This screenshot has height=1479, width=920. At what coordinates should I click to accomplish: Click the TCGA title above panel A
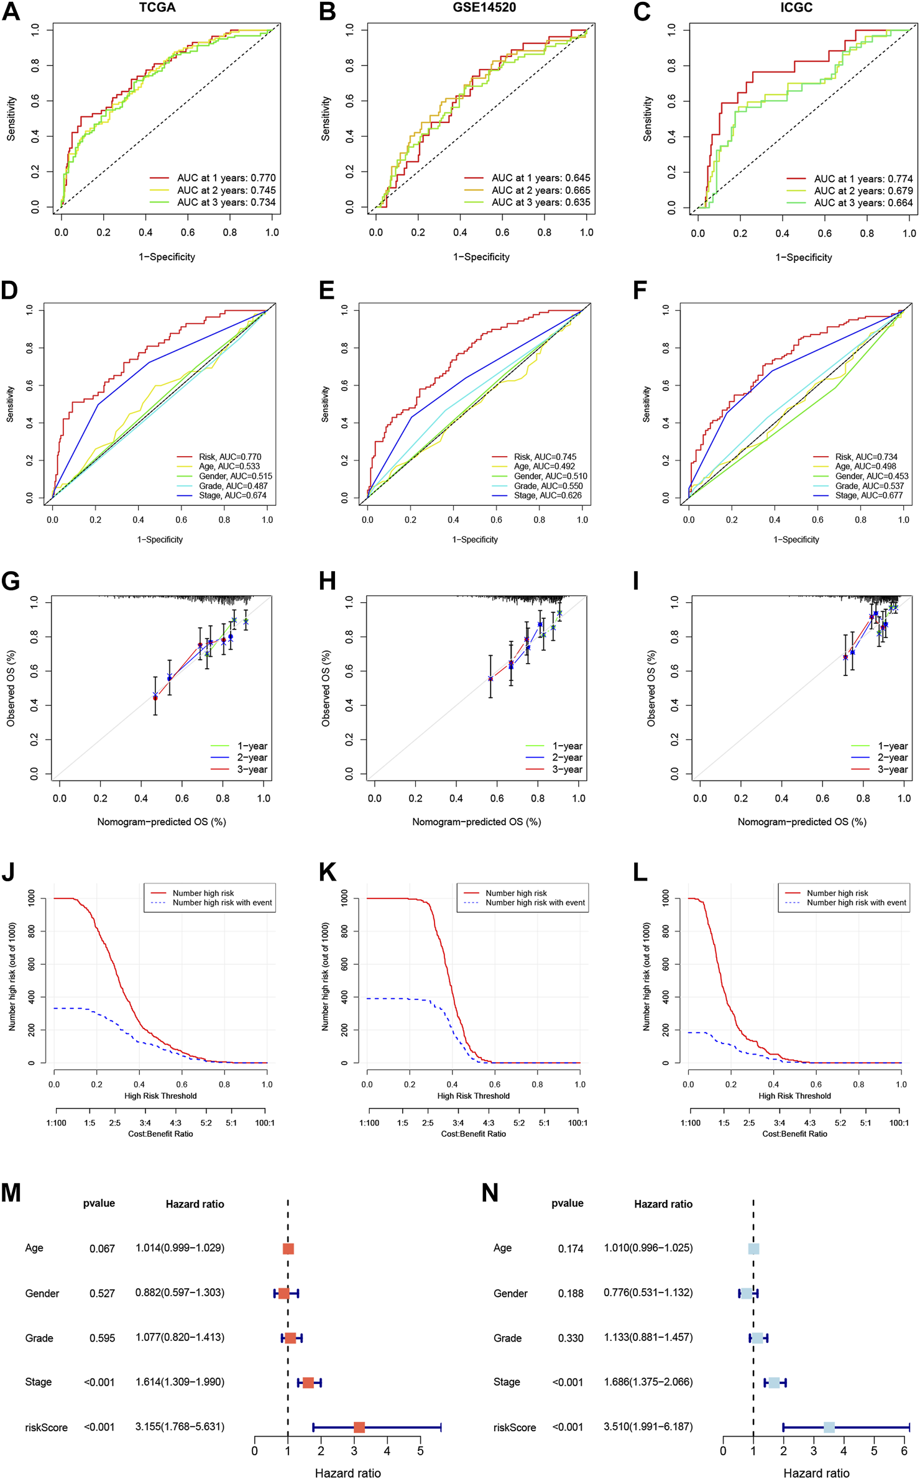(157, 7)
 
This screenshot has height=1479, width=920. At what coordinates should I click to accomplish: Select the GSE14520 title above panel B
(484, 7)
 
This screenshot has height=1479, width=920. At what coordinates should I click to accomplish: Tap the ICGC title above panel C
(796, 7)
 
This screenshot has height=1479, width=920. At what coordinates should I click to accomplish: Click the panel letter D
(11, 290)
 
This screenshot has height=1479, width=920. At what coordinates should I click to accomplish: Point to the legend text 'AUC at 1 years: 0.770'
(226, 178)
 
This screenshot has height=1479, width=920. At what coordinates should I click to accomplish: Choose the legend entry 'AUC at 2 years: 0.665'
(541, 190)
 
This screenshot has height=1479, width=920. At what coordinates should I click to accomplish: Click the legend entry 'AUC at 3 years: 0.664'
(863, 203)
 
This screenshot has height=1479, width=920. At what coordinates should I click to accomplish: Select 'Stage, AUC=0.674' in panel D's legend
(232, 495)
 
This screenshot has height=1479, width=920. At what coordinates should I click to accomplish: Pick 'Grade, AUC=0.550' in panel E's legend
(548, 486)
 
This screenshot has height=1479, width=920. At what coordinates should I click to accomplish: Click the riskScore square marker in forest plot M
(359, 1427)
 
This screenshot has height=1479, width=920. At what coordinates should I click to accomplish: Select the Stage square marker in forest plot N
(774, 1383)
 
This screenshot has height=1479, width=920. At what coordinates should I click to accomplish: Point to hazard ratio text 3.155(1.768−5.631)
(180, 1427)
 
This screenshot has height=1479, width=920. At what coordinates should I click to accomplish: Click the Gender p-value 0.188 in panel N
(570, 1293)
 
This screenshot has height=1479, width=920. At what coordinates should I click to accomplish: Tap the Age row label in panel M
(34, 1248)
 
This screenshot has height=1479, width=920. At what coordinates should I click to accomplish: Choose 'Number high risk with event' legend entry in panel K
(535, 902)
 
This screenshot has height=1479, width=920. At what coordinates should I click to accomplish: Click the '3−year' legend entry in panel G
(252, 769)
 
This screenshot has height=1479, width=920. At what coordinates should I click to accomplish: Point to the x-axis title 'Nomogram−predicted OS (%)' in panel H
(476, 822)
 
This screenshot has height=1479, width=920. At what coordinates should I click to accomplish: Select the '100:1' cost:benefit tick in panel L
(898, 1123)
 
